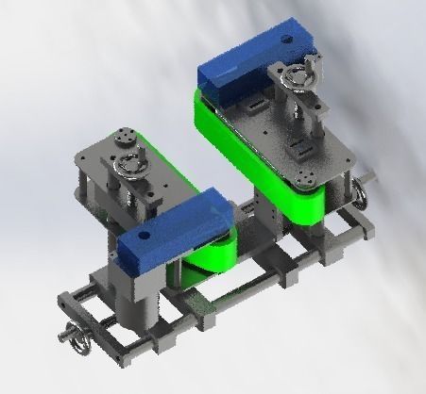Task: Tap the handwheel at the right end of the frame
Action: pyautogui.click(x=361, y=193)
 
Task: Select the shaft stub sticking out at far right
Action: pyautogui.click(x=371, y=174)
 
